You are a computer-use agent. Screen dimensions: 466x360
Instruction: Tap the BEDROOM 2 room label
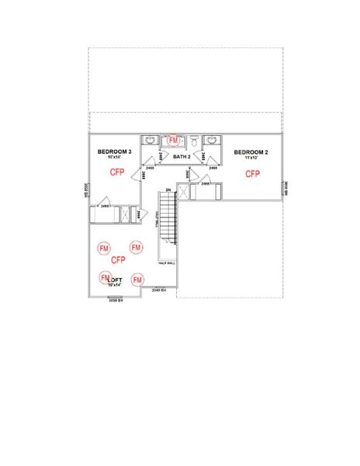click(251, 152)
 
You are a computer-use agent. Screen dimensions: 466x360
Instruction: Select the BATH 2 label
click(182, 157)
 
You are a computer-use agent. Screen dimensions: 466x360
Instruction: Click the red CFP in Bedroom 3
click(117, 171)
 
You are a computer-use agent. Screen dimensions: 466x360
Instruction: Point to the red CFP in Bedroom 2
click(253, 174)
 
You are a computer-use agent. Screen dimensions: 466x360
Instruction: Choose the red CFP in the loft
click(119, 260)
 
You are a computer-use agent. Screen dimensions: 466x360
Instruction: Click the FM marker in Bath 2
click(173, 140)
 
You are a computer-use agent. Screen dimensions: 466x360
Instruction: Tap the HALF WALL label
click(167, 263)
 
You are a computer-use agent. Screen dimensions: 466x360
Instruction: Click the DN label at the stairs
click(168, 190)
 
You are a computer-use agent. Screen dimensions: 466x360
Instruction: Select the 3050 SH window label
click(116, 299)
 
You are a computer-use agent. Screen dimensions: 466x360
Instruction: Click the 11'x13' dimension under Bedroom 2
click(251, 158)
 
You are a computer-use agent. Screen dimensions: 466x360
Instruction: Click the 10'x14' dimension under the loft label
click(116, 285)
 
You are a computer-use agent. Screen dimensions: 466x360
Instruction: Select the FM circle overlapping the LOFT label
click(105, 277)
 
